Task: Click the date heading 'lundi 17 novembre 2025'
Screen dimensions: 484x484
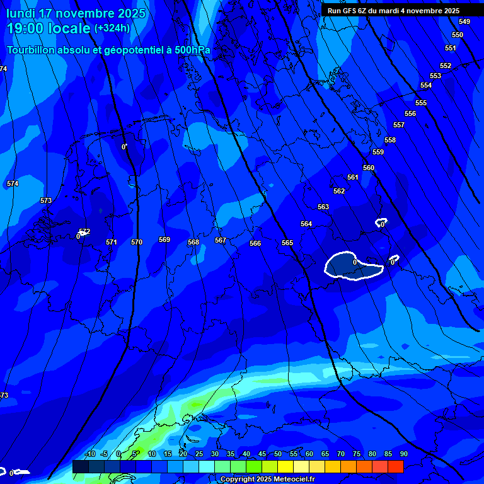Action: click(x=76, y=13)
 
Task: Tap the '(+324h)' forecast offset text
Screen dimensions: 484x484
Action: click(x=112, y=28)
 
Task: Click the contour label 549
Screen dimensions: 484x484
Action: click(x=464, y=21)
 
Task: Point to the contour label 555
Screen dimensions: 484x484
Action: click(x=421, y=103)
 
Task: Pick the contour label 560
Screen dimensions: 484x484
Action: click(x=369, y=168)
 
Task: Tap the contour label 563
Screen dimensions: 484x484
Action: click(x=323, y=207)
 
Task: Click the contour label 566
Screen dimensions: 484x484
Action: click(x=255, y=243)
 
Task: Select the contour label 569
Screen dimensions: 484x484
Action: click(x=164, y=239)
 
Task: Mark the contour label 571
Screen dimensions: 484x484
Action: click(x=112, y=242)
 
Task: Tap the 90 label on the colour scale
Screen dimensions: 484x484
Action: click(x=403, y=454)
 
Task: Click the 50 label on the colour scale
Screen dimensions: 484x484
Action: click(x=278, y=454)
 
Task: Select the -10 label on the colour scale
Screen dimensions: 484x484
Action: click(x=89, y=454)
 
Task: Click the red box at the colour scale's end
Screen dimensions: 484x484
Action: click(x=395, y=466)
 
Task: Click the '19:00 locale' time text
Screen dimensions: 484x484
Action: click(x=49, y=28)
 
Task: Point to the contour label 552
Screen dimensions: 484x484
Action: click(x=446, y=66)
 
